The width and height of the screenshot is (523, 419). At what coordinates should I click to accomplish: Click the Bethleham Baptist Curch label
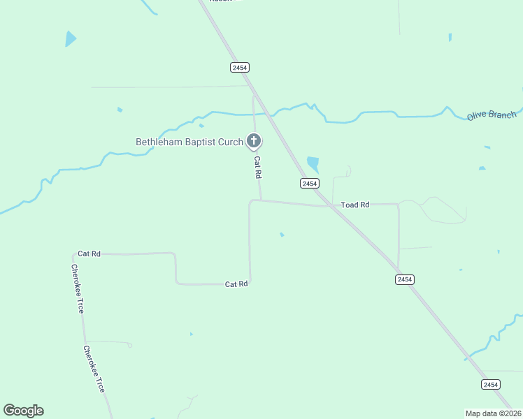189,142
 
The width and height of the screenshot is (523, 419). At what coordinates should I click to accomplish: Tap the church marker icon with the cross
254,142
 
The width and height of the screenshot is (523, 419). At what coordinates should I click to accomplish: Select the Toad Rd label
354,205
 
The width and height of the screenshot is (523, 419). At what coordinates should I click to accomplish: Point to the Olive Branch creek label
492,115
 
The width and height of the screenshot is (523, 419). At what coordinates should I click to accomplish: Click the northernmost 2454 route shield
240,67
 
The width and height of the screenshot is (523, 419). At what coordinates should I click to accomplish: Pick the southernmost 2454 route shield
491,384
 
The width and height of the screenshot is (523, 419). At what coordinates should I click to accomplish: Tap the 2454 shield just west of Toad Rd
310,183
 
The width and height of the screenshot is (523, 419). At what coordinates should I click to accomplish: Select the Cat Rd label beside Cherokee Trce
89,253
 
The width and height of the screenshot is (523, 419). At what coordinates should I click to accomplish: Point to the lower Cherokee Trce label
94,368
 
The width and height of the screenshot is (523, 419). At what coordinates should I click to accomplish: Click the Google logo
23,411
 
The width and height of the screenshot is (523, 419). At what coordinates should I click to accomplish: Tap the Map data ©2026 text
494,413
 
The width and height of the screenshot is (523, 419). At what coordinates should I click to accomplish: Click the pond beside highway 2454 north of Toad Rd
313,163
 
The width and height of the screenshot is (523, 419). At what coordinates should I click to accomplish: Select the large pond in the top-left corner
70,38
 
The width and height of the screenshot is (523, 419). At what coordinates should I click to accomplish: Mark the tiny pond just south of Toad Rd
282,235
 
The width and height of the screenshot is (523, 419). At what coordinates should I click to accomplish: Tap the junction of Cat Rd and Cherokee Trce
73,254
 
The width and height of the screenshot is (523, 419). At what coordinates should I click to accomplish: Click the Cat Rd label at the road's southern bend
236,284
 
